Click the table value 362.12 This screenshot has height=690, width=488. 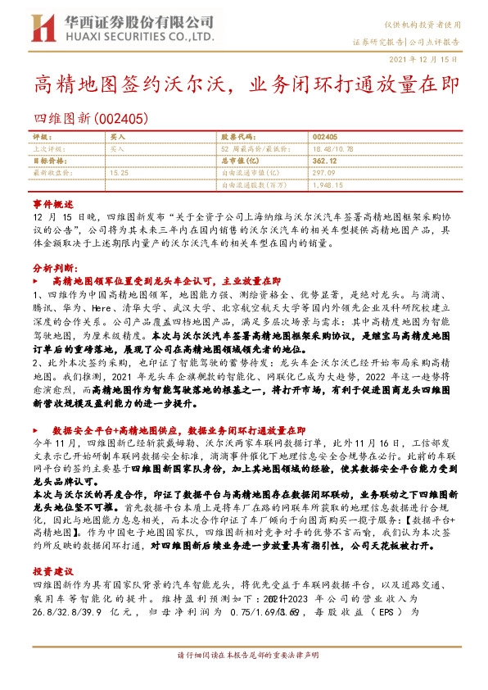tap(326, 161)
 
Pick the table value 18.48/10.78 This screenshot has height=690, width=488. tap(333, 150)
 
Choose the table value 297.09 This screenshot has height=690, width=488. tap(324, 173)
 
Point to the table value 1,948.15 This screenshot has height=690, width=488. tap(328, 185)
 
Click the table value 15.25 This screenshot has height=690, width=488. tap(119, 173)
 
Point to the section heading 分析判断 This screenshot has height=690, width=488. tap(53, 267)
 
